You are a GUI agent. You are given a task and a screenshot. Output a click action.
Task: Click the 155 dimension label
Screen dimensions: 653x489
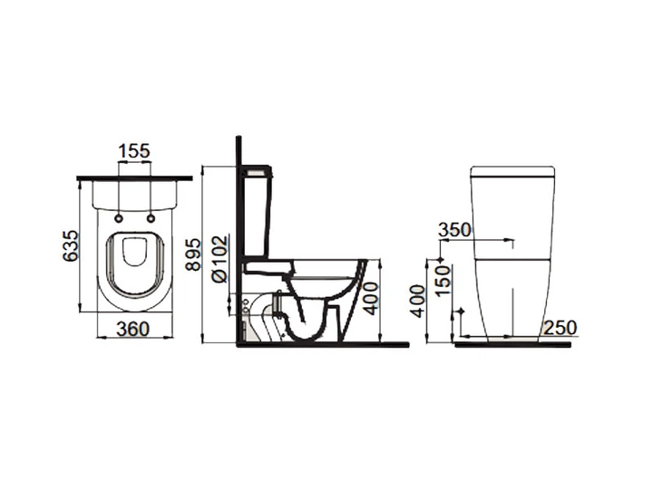point(134,151)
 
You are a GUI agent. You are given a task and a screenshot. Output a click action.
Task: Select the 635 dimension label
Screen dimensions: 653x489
point(71,245)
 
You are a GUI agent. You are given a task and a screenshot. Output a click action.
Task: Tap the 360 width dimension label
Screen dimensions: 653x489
point(132,330)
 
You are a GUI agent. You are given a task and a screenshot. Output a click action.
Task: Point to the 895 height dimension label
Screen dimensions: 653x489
point(193,254)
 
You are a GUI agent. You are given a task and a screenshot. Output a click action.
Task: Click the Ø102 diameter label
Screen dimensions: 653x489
point(220,259)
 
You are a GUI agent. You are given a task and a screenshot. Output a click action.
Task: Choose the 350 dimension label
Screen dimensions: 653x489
point(454,230)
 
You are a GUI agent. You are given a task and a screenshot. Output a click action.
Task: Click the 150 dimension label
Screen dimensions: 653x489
point(443,281)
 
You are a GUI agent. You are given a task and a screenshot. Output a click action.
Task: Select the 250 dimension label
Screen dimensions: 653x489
point(560,328)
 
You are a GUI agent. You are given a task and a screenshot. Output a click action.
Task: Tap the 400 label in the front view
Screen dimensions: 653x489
point(418,301)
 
